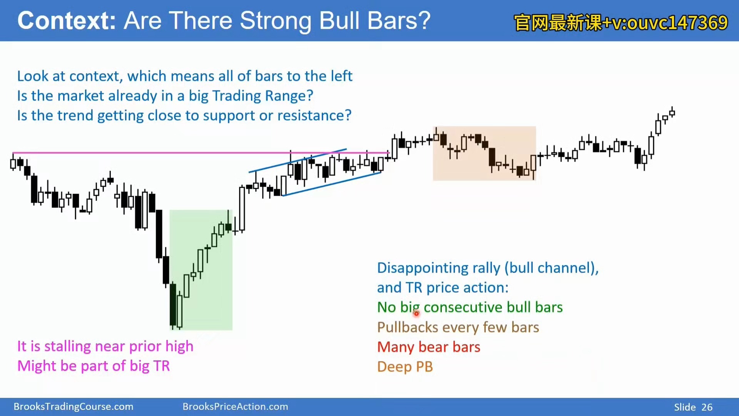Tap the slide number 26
pyautogui.click(x=707, y=407)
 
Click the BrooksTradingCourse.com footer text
pyautogui.click(x=74, y=406)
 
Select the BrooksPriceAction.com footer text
pyautogui.click(x=235, y=406)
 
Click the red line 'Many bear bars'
pyautogui.click(x=429, y=347)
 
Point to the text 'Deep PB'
pyautogui.click(x=405, y=367)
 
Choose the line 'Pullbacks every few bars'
pyautogui.click(x=458, y=327)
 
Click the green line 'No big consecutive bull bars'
pyautogui.click(x=470, y=307)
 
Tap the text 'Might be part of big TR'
pyautogui.click(x=94, y=366)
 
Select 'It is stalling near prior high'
pyautogui.click(x=105, y=346)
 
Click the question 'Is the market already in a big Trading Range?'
pyautogui.click(x=165, y=96)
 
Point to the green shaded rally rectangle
pyautogui.click(x=201, y=270)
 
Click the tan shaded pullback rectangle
pyautogui.click(x=484, y=153)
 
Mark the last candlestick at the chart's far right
pyautogui.click(x=672, y=112)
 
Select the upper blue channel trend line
pyautogui.click(x=298, y=161)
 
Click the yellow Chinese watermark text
pyautogui.click(x=620, y=22)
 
